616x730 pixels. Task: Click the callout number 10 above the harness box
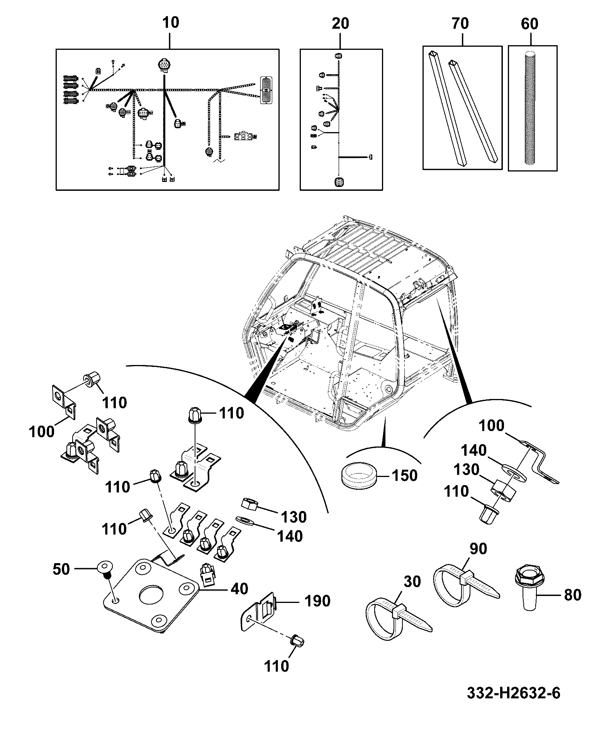coord(171,22)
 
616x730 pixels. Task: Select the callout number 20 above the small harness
coord(340,24)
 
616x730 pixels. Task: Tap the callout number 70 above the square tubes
coord(460,24)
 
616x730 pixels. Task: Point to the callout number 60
coord(529,24)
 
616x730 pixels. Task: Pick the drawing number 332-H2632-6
coord(514,694)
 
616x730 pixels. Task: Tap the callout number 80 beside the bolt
coord(573,595)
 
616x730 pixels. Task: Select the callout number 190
coord(317,601)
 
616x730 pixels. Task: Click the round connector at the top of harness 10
coord(164,66)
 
